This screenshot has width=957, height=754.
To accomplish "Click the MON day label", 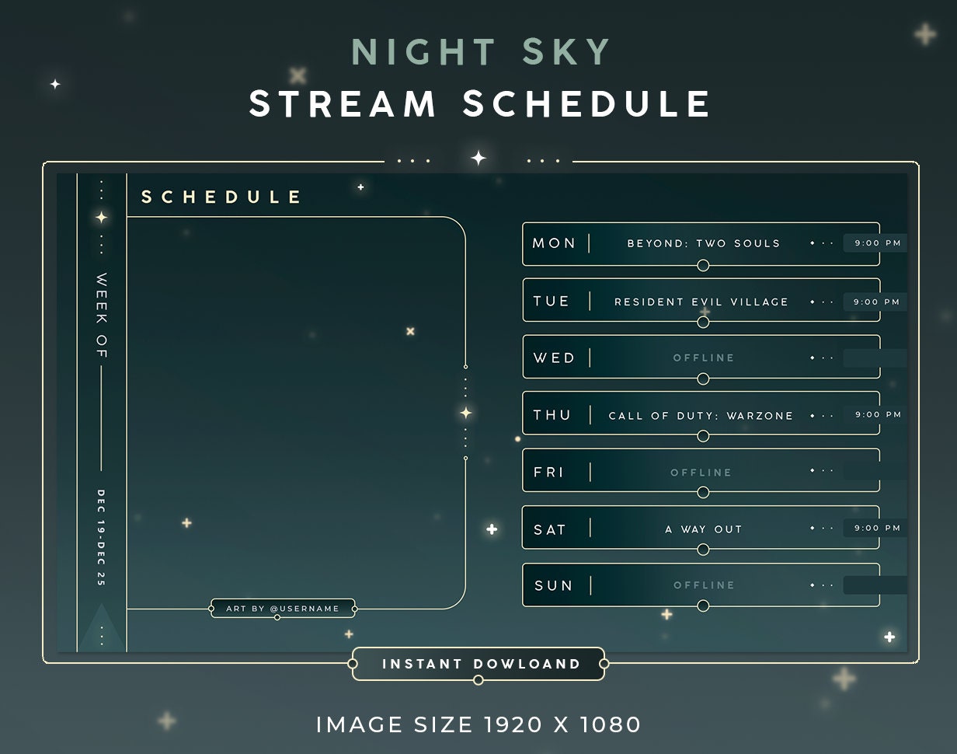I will pos(554,243).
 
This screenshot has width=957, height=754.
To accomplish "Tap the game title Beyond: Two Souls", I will pos(703,243).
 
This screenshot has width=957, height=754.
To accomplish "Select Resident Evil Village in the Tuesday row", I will pos(701,302).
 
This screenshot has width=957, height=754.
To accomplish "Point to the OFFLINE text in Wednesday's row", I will pos(704,358).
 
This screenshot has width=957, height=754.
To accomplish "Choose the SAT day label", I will pos(550,529).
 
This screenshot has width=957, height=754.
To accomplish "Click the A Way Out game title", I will pos(704,529).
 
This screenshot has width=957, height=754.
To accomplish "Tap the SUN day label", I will pos(553,586).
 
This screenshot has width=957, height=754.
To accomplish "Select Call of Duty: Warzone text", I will pos(701,416).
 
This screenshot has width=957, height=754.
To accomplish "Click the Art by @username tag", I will pos(283,609).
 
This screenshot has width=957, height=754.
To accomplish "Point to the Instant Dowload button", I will pos(481,665).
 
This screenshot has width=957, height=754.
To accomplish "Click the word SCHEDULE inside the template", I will pos(221,197).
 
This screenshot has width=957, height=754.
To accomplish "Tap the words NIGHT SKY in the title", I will pos(482,52).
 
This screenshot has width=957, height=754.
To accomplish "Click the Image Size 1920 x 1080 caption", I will pos(478,724).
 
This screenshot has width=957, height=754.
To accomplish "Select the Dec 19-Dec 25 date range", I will pos(101,537).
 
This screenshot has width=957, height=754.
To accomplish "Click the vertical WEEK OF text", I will pos(102,316).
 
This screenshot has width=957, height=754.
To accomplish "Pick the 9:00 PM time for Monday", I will pos(877,243).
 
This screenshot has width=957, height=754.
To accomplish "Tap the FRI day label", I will pos(549,472).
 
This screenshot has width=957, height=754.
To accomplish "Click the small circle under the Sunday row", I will pos(703,606).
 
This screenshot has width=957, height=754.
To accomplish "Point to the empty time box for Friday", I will pos(875,471).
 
